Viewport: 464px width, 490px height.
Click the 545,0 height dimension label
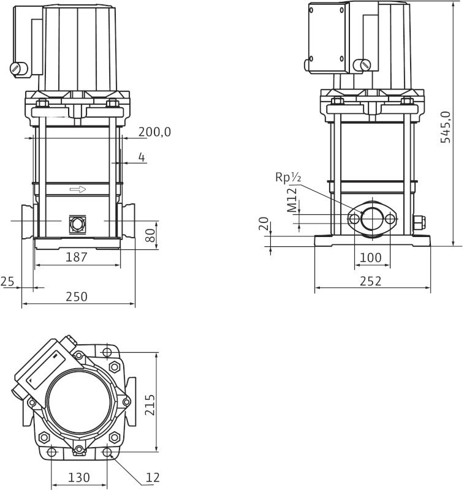446,127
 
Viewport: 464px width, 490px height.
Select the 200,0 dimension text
154,132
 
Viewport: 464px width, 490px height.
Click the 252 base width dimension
371,281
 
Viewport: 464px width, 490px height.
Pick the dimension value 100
371,258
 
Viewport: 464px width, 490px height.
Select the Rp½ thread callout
288,178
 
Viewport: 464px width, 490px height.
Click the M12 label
292,200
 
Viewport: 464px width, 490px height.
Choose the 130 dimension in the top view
79,477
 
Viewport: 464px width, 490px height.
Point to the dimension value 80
150,235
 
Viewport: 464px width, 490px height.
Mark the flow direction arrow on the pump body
78,189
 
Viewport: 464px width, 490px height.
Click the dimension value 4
142,157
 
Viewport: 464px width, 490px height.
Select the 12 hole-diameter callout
154,477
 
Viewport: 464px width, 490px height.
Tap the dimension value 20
264,223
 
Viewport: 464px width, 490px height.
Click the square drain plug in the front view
77,223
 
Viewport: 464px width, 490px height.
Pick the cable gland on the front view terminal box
18,69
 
